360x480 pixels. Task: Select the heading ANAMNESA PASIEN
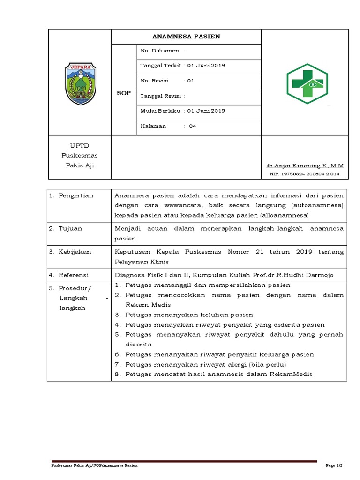point(186,37)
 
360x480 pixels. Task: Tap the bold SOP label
point(124,93)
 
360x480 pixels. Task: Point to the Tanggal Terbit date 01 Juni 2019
point(206,66)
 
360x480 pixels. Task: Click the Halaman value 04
point(193,126)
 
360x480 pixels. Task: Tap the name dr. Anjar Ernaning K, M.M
point(305,166)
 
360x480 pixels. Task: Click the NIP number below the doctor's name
point(305,174)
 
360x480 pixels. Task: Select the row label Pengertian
point(76,195)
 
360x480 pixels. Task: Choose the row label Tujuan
point(70,228)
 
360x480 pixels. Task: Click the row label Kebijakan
point(75,252)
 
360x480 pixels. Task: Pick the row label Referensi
point(74,275)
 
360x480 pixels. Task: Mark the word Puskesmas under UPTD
point(79,156)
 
